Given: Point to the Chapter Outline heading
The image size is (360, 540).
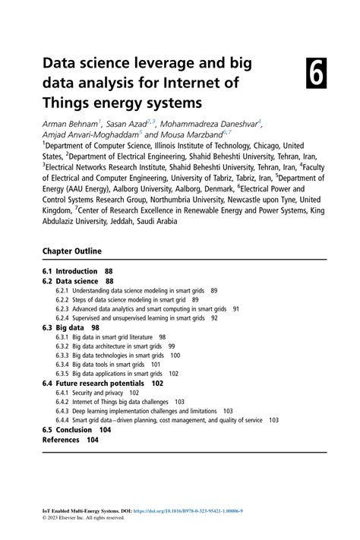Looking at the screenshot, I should pos(71,251).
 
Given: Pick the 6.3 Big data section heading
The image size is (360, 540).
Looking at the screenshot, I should pos(65,327).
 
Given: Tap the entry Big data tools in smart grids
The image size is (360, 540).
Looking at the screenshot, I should pos(116,365).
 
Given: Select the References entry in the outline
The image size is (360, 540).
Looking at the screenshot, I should pos(61,440).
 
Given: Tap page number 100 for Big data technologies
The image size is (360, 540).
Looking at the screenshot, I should pos(175,355).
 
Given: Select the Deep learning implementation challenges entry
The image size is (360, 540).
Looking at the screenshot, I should pos(144,411).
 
